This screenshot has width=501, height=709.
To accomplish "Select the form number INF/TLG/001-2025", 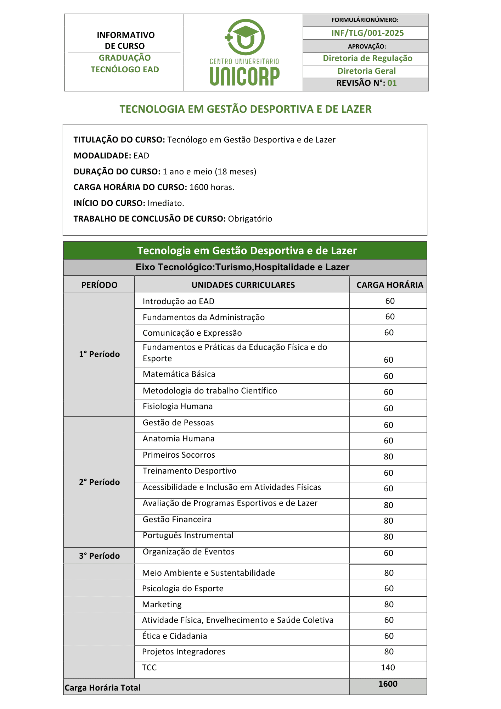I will pyautogui.click(x=367, y=33).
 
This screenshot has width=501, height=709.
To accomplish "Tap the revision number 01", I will pyautogui.click(x=392, y=83).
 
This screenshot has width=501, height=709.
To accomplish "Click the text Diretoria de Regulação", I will pyautogui.click(x=367, y=58).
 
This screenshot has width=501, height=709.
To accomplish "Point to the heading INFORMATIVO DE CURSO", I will pyautogui.click(x=125, y=40).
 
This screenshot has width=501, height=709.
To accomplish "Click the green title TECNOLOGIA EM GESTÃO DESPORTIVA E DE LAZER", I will pyautogui.click(x=245, y=109).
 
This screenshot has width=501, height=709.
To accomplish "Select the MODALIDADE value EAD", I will pyautogui.click(x=141, y=156).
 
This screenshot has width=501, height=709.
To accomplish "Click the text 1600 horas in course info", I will pyautogui.click(x=212, y=187).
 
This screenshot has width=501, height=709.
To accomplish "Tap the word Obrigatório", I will pyautogui.click(x=250, y=219).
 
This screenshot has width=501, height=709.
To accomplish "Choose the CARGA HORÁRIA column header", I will pyautogui.click(x=389, y=285).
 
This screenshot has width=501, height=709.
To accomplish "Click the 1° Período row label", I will pyautogui.click(x=99, y=354).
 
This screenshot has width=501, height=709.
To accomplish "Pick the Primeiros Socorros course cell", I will pyautogui.click(x=179, y=455).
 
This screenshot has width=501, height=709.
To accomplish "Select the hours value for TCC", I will pyautogui.click(x=388, y=668).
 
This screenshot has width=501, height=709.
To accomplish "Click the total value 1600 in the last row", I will pyautogui.click(x=388, y=684).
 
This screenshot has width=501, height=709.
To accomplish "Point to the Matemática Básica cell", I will pyautogui.click(x=179, y=374).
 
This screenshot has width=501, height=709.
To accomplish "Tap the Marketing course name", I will pyautogui.click(x=162, y=604).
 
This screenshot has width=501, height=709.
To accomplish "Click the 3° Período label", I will pyautogui.click(x=99, y=556).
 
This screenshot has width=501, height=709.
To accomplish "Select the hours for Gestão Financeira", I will pyautogui.click(x=388, y=521).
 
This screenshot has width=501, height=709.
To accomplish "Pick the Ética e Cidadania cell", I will pyautogui.click(x=174, y=636).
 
